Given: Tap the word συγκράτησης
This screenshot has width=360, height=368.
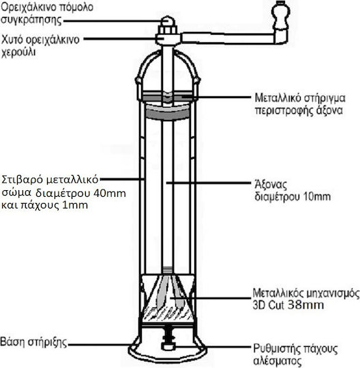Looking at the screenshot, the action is tap(31, 20).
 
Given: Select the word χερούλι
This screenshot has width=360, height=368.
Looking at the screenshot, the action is tap(19, 52).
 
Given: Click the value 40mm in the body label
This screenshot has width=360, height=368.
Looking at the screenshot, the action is tap(110, 194).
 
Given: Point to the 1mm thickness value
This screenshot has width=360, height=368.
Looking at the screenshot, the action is tap(75, 206).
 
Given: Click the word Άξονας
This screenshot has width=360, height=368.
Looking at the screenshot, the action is tap(271, 185).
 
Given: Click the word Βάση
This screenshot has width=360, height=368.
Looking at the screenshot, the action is tap(13, 341).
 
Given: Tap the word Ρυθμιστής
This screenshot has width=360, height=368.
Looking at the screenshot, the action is tap(276, 349).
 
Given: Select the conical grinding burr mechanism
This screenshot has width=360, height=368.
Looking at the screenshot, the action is tap(168, 298).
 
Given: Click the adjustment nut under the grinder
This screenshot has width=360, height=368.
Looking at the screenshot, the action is tap(168, 346).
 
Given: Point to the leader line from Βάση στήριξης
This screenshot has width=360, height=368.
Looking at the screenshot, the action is tap(99, 345).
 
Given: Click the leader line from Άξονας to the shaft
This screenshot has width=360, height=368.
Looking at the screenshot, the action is tap(209, 183).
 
